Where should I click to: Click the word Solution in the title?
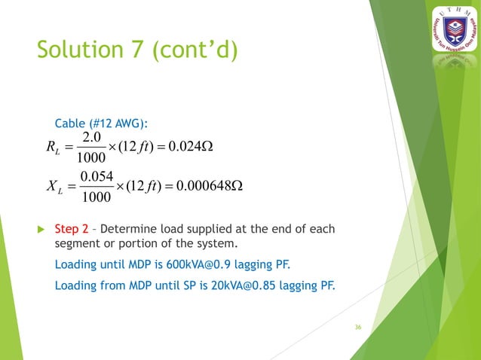point(81,50)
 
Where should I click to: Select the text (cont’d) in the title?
point(195,50)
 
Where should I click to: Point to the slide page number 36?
point(358,328)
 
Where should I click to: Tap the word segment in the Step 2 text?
point(76,245)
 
